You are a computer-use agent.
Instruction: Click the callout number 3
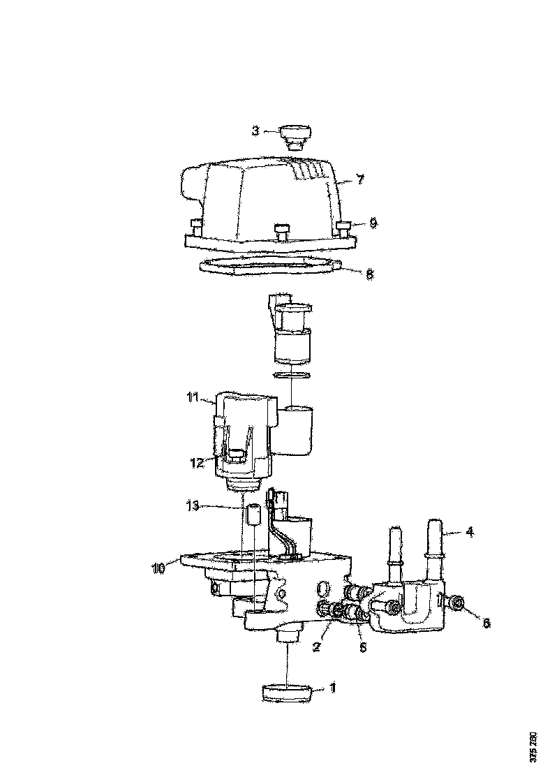click(x=255, y=130)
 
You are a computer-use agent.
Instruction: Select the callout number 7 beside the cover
click(x=359, y=179)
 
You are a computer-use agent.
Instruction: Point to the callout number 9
click(x=373, y=223)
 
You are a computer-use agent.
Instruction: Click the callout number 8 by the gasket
click(x=370, y=274)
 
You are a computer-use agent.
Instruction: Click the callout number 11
click(x=193, y=398)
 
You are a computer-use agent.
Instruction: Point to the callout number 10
click(x=159, y=568)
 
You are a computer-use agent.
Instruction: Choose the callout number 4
click(x=470, y=532)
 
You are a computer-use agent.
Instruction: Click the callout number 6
click(x=486, y=623)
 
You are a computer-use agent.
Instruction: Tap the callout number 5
click(x=362, y=647)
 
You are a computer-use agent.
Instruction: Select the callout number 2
click(x=316, y=647)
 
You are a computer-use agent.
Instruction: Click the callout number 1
click(x=333, y=688)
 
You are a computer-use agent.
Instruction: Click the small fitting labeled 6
click(x=459, y=602)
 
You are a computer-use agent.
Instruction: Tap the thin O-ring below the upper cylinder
click(x=292, y=376)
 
